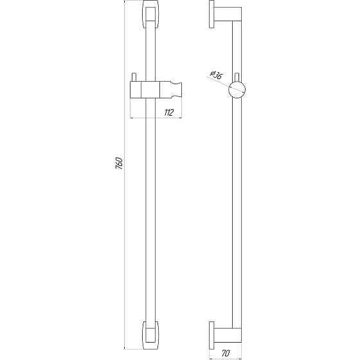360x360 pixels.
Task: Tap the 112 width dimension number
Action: point(169,112)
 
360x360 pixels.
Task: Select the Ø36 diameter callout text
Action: point(217,76)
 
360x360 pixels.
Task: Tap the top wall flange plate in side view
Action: point(212,15)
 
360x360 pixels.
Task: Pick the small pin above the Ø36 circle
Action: point(237,76)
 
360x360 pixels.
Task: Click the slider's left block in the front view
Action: point(136,91)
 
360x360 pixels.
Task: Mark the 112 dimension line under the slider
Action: point(157,118)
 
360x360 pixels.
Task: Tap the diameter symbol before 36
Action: point(212,73)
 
